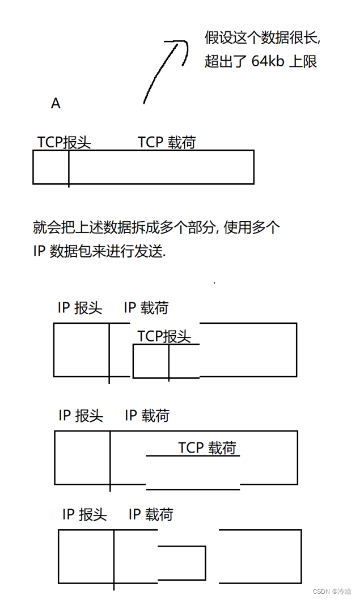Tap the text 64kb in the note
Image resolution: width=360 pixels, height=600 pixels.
click(x=268, y=61)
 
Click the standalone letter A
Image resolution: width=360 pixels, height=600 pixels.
click(x=56, y=104)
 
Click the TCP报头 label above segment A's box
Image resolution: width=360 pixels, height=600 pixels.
click(x=64, y=142)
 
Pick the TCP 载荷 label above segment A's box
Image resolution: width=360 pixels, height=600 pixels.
click(x=167, y=142)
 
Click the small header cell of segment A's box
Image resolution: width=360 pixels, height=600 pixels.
click(x=50, y=167)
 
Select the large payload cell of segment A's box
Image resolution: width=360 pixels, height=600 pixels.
click(x=161, y=167)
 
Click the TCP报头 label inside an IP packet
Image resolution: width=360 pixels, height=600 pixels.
click(x=164, y=336)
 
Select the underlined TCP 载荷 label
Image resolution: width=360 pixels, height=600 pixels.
click(x=207, y=447)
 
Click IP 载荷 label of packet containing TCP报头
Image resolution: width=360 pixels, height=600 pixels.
click(x=146, y=308)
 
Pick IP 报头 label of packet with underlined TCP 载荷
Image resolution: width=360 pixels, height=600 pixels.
click(x=81, y=416)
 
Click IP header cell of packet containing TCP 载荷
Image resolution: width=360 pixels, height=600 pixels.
click(x=82, y=457)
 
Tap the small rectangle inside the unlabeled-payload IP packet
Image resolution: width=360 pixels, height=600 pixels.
click(x=181, y=563)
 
